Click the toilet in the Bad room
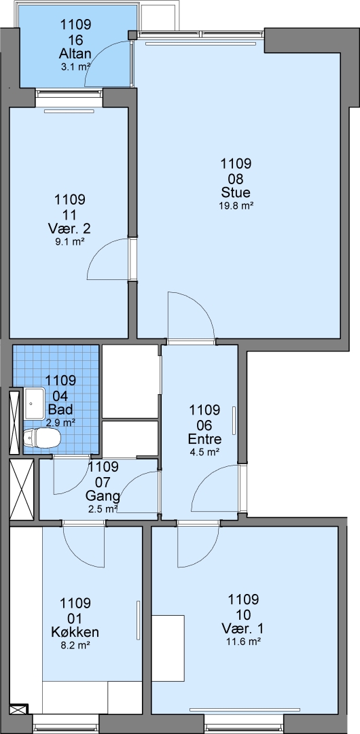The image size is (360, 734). point(42,438)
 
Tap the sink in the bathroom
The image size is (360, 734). point(34,404)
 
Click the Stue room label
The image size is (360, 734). point(236,192)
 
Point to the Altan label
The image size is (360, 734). point(75,54)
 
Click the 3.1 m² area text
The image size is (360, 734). point(75,67)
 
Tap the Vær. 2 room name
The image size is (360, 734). point(69,229)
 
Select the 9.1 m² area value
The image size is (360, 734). point(69,241)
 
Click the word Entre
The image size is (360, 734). point(204,439)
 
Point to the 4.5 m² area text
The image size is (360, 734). point(204,452)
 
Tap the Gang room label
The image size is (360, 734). point(103,495)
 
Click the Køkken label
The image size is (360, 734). point(75,633)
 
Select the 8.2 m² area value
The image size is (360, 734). point(75,645)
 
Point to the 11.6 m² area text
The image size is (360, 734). point(243,640)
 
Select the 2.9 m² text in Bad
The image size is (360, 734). point(61,422)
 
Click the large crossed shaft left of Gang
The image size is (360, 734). point(22,489)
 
